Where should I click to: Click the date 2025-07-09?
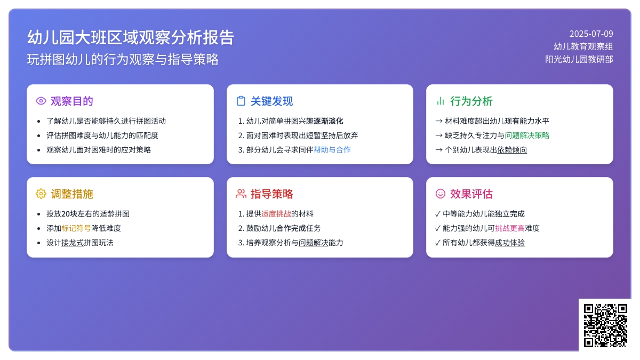point(591,34)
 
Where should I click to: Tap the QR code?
point(605,325)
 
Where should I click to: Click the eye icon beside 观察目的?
point(41,101)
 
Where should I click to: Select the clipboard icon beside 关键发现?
point(241,101)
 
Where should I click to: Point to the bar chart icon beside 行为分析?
point(441,101)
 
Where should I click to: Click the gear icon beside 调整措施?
point(41,194)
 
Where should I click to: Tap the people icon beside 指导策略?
point(241,194)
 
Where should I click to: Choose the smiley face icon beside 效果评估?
point(441,194)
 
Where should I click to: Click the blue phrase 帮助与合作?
point(332,150)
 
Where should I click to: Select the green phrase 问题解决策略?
point(527,135)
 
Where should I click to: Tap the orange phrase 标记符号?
point(76,228)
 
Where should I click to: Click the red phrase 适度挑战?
point(276,214)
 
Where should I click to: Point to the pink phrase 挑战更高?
point(510,228)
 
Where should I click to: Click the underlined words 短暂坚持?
point(321,135)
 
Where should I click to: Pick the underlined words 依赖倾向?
point(512,150)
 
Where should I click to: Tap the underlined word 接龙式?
point(73,243)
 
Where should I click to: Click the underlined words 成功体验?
point(510,243)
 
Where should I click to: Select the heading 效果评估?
point(471,194)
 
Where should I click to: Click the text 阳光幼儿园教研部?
point(579,59)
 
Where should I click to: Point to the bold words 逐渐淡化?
point(329,121)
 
